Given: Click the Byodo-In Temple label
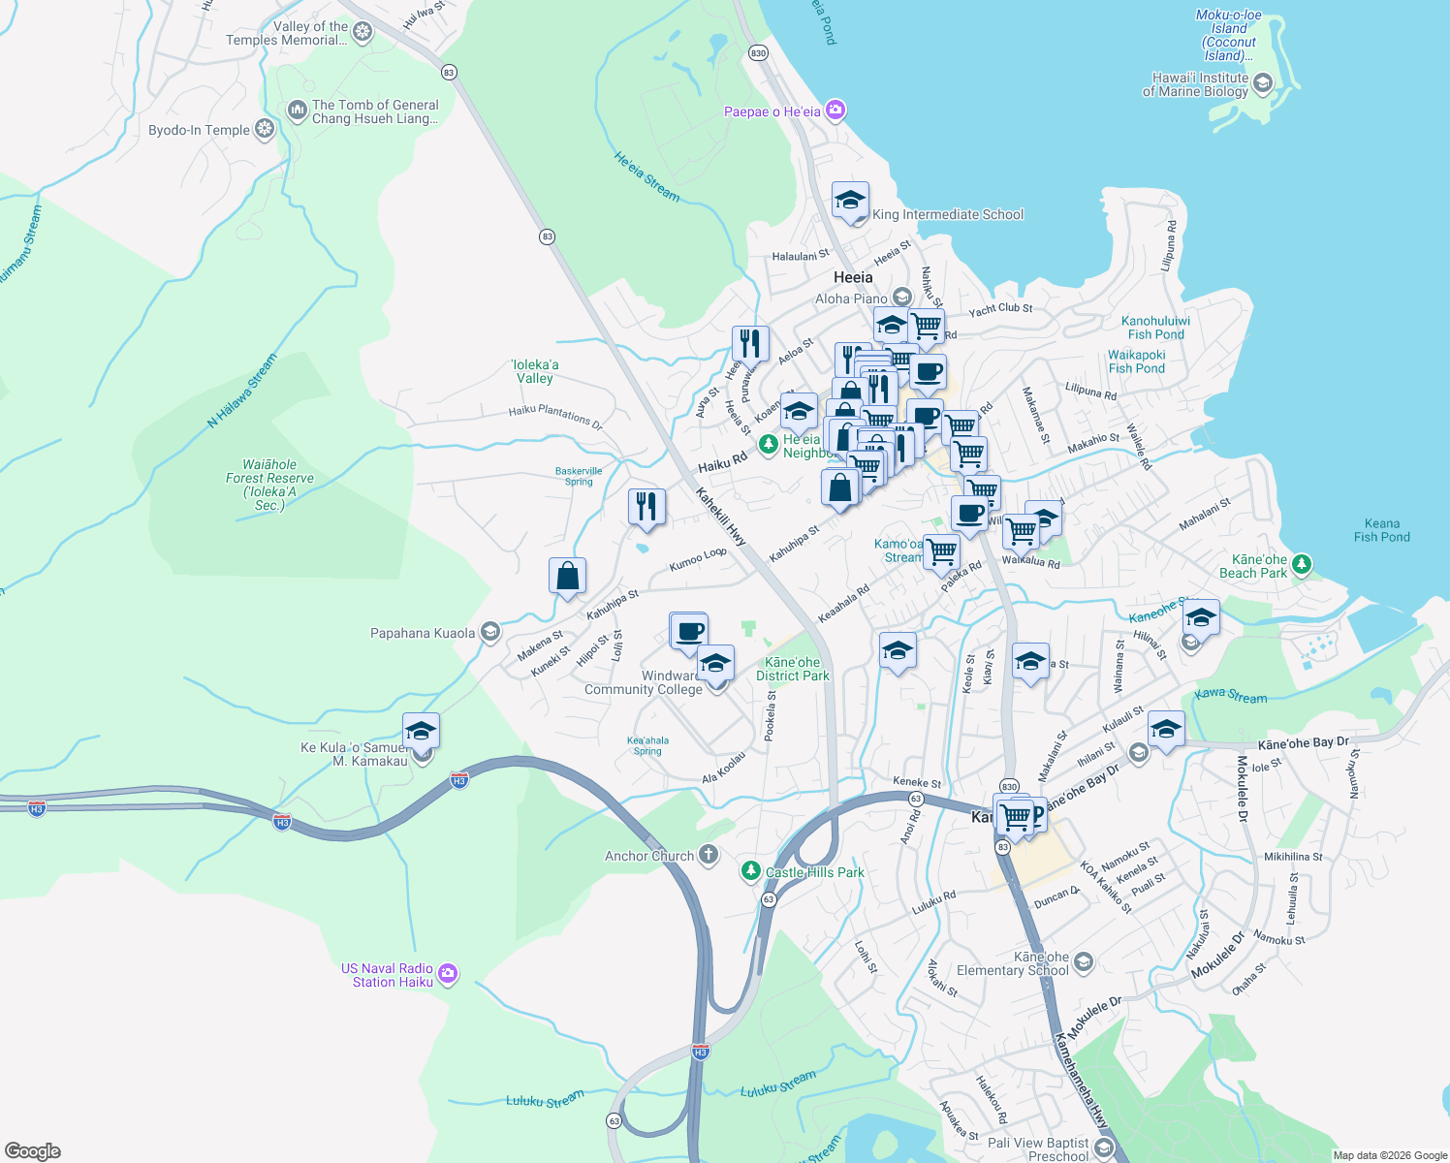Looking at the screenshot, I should tap(200, 130).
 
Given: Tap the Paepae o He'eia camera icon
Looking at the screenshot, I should tap(835, 110).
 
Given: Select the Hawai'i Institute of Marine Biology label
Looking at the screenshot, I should tap(1200, 85).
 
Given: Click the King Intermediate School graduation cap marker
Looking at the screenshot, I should tap(850, 201).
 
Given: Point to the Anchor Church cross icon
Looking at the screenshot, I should tap(709, 855).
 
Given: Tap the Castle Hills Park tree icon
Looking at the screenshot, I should tap(750, 871).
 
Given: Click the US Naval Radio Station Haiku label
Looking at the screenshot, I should tap(388, 975).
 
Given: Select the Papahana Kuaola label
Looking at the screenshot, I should tap(423, 633).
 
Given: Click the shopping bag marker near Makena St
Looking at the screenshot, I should tap(567, 576).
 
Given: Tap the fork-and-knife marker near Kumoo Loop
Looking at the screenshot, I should tap(646, 507).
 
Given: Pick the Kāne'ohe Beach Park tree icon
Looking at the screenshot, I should tap(1302, 563).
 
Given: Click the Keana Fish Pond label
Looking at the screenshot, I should tap(1381, 530).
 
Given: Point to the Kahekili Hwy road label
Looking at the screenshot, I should tap(721, 517).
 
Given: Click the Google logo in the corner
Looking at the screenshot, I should tap(32, 1150).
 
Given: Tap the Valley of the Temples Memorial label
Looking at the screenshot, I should tap(286, 34).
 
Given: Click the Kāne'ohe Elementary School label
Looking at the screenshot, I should tap(1012, 963).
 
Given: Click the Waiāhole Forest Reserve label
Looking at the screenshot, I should tap(269, 485).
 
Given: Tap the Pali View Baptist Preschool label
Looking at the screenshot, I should tap(1039, 1149).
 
